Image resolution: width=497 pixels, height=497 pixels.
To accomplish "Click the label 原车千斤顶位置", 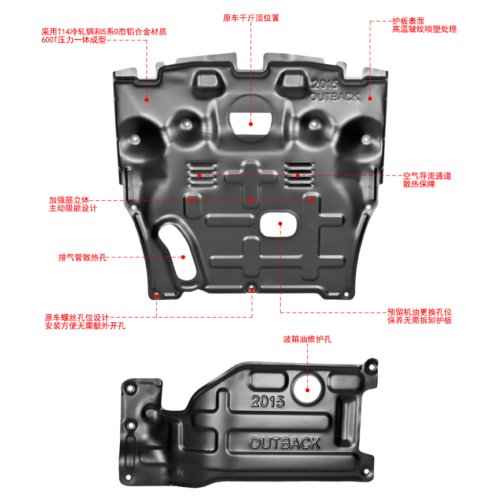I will click(251, 18).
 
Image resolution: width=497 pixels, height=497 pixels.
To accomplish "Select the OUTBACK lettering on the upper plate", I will click(334, 96).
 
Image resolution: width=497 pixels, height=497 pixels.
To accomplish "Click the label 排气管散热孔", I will click(82, 257).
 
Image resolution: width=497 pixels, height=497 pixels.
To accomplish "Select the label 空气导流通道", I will click(427, 175).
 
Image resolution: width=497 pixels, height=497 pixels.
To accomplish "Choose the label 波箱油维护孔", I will click(307, 340).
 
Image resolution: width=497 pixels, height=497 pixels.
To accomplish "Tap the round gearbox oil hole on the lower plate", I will click(307, 388).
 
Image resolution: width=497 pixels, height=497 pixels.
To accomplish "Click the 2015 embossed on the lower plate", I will click(268, 401).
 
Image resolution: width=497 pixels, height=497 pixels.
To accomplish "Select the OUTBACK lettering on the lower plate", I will click(285, 443).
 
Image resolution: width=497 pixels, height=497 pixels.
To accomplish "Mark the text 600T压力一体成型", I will click(73, 41).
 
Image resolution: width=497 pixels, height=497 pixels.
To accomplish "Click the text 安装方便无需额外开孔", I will click(85, 326).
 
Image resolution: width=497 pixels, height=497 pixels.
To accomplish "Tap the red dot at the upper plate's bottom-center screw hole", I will click(252, 288).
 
